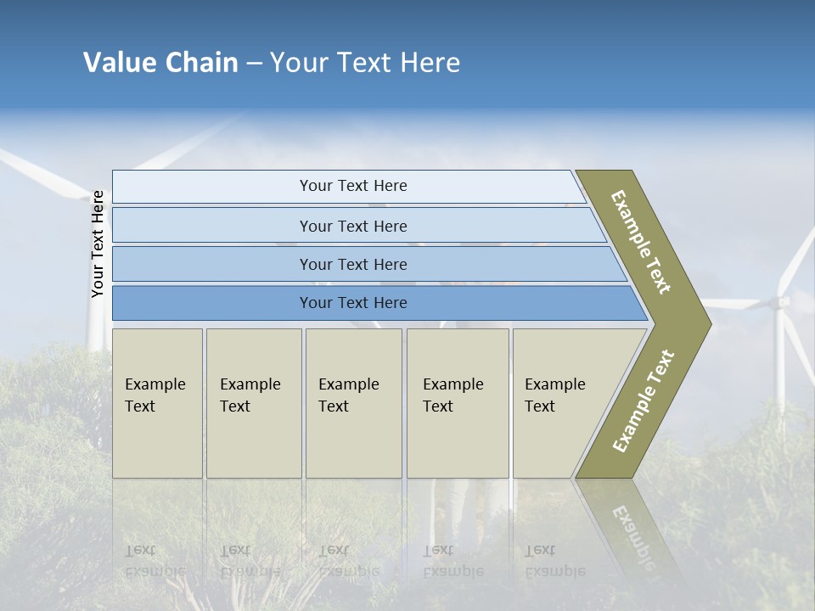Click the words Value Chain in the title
coord(160,63)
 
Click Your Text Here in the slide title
coord(365,63)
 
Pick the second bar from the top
coord(353,226)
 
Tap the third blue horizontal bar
coord(353,264)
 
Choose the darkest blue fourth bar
coord(353,303)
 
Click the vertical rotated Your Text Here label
coord(98,244)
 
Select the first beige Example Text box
coord(157,403)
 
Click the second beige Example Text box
coord(253,403)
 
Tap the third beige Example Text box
coord(353,403)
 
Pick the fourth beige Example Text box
coord(457,403)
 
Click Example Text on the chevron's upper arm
coord(642,242)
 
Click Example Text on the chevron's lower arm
coord(644,401)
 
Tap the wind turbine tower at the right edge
coord(779,356)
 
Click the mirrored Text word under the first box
coord(140,550)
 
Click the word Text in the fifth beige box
coord(540,406)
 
